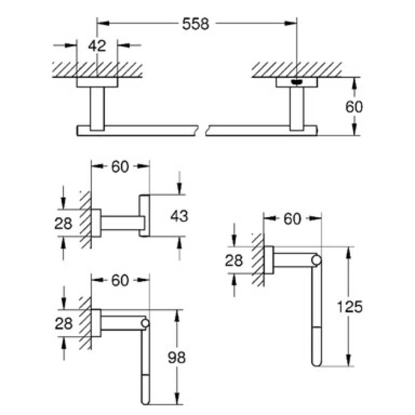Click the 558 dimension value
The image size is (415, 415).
point(196,24)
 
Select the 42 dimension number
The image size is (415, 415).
point(97,45)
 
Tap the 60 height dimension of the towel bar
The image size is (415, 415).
point(354,107)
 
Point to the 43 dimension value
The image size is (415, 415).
point(179,215)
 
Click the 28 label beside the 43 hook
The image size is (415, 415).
point(64,224)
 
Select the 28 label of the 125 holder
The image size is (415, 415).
point(234,261)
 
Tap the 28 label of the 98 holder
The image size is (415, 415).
point(64,324)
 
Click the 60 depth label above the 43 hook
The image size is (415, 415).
point(120,167)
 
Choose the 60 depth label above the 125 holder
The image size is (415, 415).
point(292,219)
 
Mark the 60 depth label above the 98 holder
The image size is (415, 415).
point(120,280)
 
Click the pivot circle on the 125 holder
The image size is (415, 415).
point(316,261)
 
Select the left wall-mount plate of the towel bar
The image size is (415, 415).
point(97,83)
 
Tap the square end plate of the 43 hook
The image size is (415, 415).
point(145,215)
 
